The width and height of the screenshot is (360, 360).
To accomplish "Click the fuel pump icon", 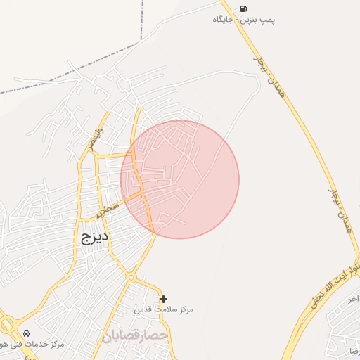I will [x=243, y=8].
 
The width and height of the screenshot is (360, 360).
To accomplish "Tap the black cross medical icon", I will [x=164, y=299].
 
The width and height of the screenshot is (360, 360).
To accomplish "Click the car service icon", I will [x=26, y=333].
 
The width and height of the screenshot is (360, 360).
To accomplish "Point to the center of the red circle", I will [x=180, y=179].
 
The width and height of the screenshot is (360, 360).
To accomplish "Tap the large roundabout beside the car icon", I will [x=6, y=326].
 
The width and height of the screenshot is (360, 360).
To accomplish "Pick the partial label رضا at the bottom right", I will [x=354, y=349].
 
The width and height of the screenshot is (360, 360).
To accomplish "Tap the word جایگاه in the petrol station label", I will [x=224, y=20].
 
